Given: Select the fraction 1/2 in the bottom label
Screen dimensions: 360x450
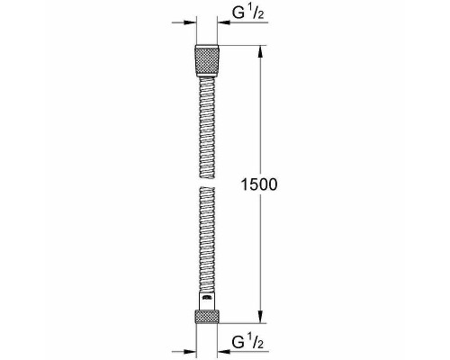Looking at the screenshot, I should (x=257, y=344).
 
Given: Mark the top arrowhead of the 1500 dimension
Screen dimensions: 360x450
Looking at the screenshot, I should (x=261, y=50).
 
